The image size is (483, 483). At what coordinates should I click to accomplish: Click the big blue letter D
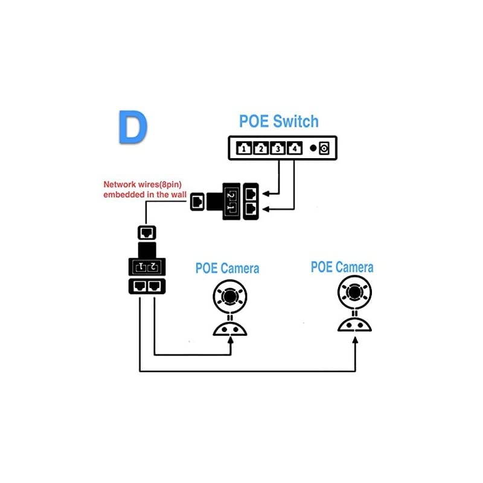[x=132, y=126]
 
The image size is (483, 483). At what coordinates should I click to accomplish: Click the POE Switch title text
[x=278, y=121]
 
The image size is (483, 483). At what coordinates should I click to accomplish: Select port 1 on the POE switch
[x=243, y=148]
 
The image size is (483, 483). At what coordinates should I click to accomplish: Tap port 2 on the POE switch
[x=261, y=148]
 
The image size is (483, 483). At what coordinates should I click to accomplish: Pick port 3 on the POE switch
[x=278, y=148]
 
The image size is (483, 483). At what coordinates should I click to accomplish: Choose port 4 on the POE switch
[x=295, y=148]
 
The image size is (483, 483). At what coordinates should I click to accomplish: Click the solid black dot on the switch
[x=313, y=148]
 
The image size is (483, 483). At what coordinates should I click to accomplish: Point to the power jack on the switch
[x=324, y=148]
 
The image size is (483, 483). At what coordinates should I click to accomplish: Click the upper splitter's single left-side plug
[x=197, y=202]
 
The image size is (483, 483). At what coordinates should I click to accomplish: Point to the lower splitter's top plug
[x=147, y=232]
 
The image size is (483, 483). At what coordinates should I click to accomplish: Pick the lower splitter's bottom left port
[x=139, y=286]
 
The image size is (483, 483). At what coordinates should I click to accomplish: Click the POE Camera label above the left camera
[x=227, y=268]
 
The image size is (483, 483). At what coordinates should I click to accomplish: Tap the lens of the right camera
[x=354, y=292]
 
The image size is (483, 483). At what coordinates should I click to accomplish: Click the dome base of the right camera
[x=354, y=324]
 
